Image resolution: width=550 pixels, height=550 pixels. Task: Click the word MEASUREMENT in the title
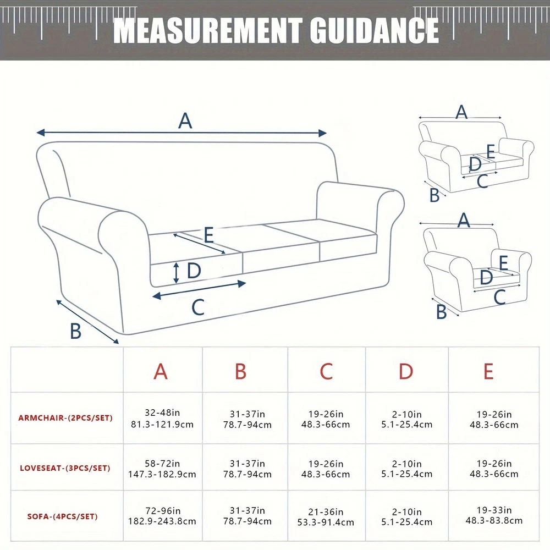(x=207, y=30)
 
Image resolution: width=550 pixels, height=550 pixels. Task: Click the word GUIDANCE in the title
(x=374, y=30)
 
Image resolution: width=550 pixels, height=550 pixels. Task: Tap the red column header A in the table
(x=161, y=371)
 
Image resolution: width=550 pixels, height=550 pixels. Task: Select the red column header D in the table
(x=406, y=371)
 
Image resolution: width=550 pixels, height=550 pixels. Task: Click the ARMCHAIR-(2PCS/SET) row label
(x=65, y=418)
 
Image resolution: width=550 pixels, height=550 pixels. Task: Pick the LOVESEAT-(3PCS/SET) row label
(x=65, y=468)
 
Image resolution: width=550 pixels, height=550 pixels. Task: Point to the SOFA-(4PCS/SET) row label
(x=63, y=516)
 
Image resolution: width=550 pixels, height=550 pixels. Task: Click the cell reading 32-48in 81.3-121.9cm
(x=162, y=419)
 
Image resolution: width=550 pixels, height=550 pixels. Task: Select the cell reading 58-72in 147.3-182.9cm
(x=162, y=469)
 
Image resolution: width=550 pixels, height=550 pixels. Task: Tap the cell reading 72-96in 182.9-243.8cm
(x=162, y=516)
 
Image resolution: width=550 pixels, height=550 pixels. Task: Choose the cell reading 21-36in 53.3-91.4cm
(x=326, y=517)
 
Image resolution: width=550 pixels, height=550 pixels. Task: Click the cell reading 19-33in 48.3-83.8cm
(x=494, y=515)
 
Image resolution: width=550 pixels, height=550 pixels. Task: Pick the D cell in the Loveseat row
(x=407, y=469)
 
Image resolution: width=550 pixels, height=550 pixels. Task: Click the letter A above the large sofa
(x=185, y=121)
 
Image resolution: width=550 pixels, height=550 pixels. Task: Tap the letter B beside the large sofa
(x=76, y=331)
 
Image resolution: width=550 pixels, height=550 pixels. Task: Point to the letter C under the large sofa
(x=198, y=307)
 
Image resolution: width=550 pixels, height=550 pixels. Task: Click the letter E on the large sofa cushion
(x=208, y=235)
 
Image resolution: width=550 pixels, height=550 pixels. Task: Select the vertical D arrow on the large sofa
(x=177, y=273)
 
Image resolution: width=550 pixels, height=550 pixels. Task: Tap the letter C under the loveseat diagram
(x=483, y=182)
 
